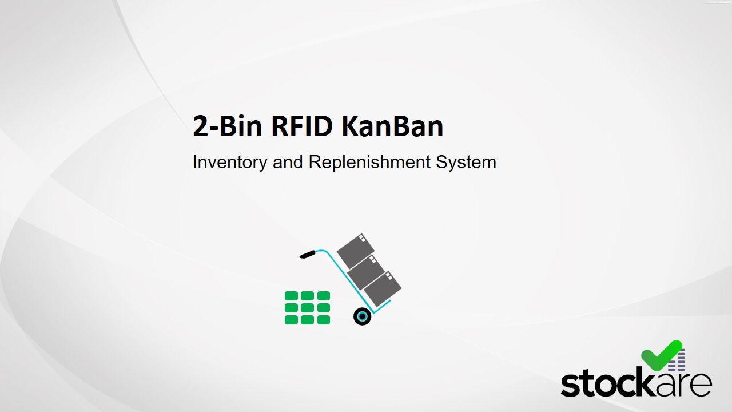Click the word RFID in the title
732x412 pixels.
303,126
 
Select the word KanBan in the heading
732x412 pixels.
393,126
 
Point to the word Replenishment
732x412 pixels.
369,163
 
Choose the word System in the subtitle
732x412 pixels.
466,163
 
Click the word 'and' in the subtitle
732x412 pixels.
288,163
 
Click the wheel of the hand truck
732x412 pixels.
362,316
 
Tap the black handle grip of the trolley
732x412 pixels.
307,254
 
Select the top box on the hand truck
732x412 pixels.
355,250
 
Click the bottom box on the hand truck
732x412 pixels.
382,288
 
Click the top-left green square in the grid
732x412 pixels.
291,296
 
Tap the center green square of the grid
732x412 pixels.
307,308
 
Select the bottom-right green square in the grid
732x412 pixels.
324,320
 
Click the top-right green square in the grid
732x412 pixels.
324,296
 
